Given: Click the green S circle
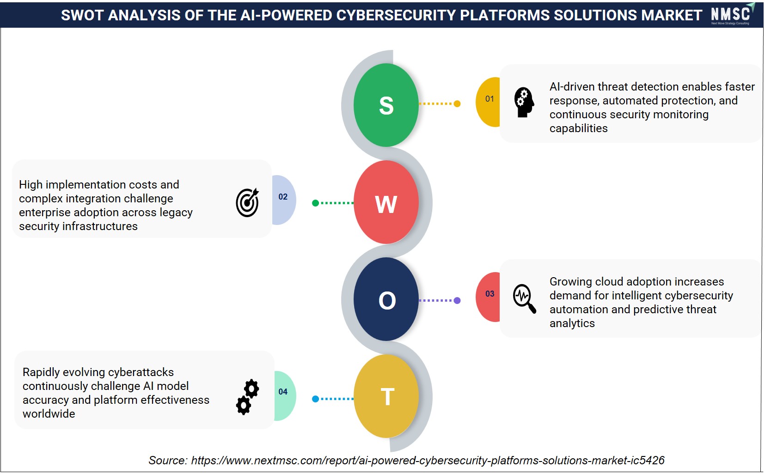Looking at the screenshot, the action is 386,105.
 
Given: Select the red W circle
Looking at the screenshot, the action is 386,202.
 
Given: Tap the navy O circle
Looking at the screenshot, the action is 386,299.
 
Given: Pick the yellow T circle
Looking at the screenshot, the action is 386,396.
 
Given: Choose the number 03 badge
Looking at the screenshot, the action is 488,297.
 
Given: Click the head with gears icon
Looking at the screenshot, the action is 524,103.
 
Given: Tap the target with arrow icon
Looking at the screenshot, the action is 247,202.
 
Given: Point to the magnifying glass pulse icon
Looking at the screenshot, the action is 524,298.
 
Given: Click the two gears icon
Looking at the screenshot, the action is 248,397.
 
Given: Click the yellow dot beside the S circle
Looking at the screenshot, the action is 457,104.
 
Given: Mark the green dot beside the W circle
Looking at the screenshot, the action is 316,203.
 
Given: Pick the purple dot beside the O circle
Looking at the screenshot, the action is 457,301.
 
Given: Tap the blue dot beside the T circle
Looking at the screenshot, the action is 316,399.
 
